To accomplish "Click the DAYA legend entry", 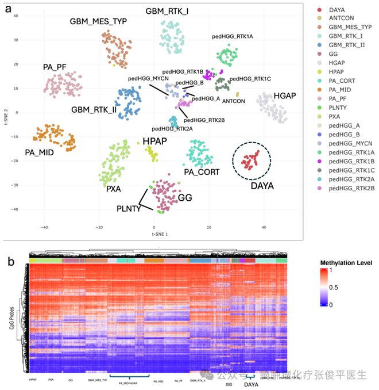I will pyautogui.click(x=338, y=10).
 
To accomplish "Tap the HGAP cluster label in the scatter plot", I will pyautogui.click(x=284, y=95).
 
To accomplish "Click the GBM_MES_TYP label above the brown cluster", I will pyautogui.click(x=98, y=22).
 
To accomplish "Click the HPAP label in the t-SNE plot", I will pyautogui.click(x=154, y=141).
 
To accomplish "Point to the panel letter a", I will pyautogui.click(x=9, y=9).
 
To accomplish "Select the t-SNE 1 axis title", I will pyautogui.click(x=159, y=235).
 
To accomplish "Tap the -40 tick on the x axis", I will pyautogui.click(x=44, y=227).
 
